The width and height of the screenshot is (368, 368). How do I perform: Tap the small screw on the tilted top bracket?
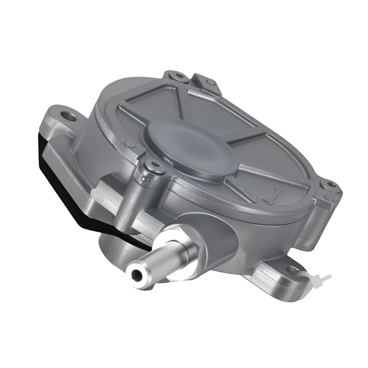click(209, 82)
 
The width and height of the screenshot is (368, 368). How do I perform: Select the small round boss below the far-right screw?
click(328, 197)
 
